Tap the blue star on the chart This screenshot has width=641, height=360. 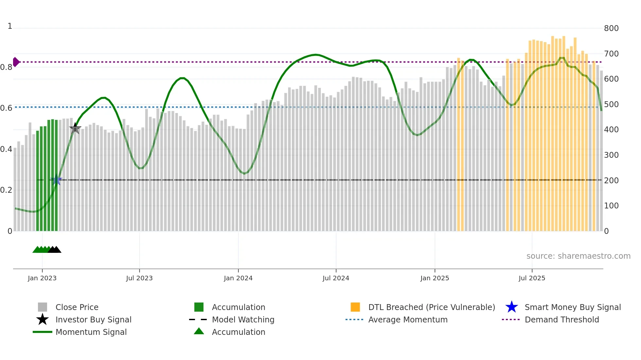pos(56,180)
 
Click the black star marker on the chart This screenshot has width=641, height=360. pos(75,128)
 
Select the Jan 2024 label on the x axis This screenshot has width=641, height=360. pos(238,278)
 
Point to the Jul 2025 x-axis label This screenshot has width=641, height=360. pos(532,278)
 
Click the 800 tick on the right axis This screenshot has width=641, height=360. pos(611,28)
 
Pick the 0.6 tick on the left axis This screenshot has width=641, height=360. pos(6,108)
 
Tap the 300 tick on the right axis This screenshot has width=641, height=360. pos(611,155)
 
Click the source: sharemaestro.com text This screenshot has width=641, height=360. pos(578,256)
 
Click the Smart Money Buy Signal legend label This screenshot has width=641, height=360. pos(572,307)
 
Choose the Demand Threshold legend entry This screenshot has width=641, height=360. pos(562,319)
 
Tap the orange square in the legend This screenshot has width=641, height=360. pos(355,307)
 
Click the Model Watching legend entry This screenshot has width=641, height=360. pos(243,319)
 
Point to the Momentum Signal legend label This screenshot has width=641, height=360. pos(91,332)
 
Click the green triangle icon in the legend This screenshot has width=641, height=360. pos(199,331)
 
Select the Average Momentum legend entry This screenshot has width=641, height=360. pos(407,319)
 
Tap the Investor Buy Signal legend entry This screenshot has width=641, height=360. pos(93,319)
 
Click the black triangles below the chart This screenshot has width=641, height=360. pos(55,250)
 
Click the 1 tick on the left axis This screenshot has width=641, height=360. pos(10,26)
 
